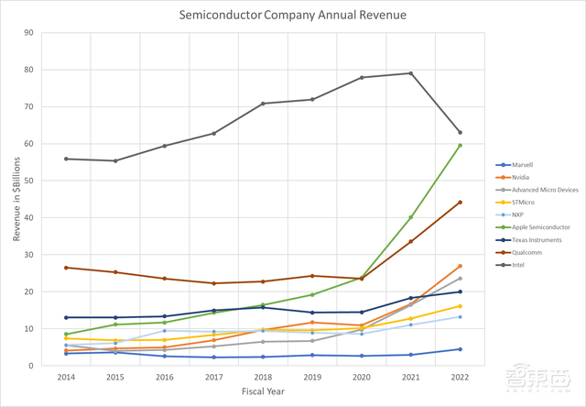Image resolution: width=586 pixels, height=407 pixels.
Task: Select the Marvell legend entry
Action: point(518,164)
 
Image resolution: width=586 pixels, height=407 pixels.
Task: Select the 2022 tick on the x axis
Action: point(460,377)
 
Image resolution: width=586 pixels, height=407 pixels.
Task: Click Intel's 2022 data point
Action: point(460,133)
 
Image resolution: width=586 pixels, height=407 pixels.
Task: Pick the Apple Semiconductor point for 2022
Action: point(460,145)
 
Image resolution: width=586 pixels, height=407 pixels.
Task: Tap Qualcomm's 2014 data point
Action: point(66,268)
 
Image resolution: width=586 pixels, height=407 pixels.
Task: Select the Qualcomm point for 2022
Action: point(460,202)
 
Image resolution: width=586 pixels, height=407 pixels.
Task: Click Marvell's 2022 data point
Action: point(460,349)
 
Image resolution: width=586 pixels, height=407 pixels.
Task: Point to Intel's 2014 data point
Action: point(66,159)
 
